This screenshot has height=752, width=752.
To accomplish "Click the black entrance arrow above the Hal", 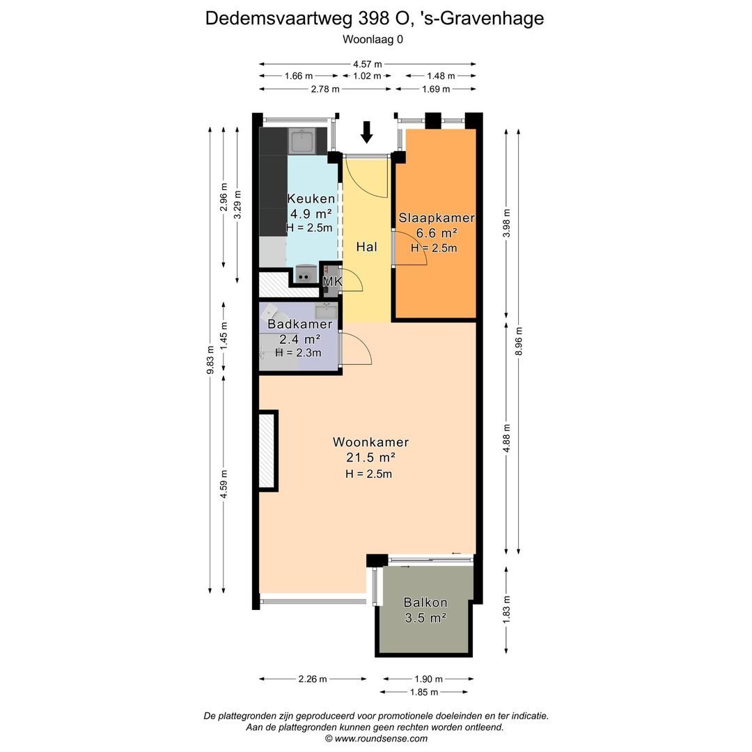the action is click(367, 132).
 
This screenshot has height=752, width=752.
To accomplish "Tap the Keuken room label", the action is click(311, 198).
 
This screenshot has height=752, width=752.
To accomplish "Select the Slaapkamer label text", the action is click(437, 218).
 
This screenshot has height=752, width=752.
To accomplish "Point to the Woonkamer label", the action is click(370, 441).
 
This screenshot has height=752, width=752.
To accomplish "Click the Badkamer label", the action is click(299, 324).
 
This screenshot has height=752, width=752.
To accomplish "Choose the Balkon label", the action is click(425, 602).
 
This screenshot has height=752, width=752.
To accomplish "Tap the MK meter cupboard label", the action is click(332, 281).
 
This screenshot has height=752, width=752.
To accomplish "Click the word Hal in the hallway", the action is click(367, 247).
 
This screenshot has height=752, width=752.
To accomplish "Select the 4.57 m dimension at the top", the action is click(368, 64).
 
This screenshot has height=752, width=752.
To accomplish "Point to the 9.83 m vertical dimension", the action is click(210, 360).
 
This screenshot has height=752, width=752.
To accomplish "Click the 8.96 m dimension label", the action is click(519, 341).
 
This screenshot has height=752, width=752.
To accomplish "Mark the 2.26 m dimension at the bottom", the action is click(313, 679).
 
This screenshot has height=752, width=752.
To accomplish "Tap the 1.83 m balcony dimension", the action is click(506, 609).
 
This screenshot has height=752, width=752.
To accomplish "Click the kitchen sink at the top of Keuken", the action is click(301, 141).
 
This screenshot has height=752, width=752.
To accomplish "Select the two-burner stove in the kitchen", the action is click(303, 274).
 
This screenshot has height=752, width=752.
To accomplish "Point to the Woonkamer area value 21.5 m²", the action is click(370, 457).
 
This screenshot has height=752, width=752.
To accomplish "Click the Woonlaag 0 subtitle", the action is click(373, 39).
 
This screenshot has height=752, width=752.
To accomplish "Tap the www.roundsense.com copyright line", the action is click(376, 739).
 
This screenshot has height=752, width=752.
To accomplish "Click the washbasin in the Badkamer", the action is click(326, 311).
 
